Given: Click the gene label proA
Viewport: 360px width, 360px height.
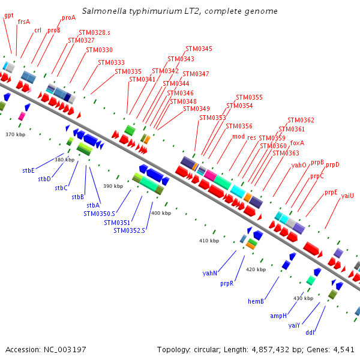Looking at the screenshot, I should click(x=68, y=18).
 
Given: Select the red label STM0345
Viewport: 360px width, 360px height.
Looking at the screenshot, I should click(x=199, y=49).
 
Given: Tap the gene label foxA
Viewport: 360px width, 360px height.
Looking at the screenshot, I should click(x=297, y=143).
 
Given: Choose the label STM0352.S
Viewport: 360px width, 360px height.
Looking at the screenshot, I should click(x=129, y=230).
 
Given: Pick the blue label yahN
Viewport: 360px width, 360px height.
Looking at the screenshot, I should click(x=210, y=273).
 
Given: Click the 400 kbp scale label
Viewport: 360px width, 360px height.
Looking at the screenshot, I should click(x=161, y=213).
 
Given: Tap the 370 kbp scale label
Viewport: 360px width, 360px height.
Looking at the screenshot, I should click(x=15, y=134).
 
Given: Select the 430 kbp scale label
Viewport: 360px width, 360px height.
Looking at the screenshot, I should click(x=303, y=298).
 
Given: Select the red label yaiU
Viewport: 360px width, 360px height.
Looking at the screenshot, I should click(x=347, y=196).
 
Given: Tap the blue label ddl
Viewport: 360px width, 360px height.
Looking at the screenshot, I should click(x=310, y=332).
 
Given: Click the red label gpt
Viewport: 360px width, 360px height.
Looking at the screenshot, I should click(x=8, y=15).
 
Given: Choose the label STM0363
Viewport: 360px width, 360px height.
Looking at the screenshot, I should click(x=286, y=153).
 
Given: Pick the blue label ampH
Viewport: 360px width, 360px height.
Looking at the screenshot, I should click(x=278, y=316).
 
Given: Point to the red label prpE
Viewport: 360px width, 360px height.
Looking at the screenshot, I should click(x=331, y=193).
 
